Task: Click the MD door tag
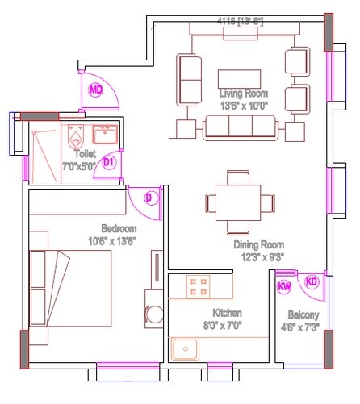click(96, 89)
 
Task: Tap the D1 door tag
click(110, 162)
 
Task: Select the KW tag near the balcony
click(284, 286)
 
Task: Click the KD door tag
click(312, 281)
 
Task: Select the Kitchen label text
click(228, 312)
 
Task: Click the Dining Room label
click(259, 244)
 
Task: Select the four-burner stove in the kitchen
click(199, 285)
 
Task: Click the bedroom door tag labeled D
click(149, 198)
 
